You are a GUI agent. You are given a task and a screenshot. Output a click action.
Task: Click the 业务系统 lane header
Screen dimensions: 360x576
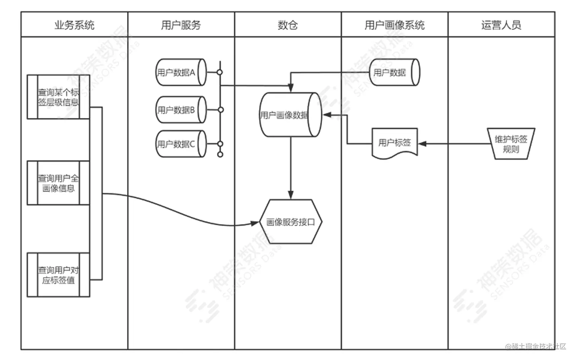point(74,25)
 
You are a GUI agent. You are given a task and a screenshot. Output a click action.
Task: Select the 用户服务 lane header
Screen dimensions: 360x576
point(181,25)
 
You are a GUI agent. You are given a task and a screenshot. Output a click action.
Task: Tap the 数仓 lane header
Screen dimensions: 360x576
point(288,25)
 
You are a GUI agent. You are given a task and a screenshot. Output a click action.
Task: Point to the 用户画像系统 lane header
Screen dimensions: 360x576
point(394,25)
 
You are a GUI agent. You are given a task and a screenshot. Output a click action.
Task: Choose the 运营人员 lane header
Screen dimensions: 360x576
point(501,25)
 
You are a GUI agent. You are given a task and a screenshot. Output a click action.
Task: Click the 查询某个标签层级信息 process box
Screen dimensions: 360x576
point(58,97)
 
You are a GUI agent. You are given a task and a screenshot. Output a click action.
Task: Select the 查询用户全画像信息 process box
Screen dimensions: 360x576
point(58,183)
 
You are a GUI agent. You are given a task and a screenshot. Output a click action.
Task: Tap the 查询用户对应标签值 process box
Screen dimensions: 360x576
point(58,275)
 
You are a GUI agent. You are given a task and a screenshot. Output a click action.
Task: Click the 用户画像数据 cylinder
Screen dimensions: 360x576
point(290,115)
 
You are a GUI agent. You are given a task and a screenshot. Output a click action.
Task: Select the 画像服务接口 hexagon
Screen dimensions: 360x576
point(291,222)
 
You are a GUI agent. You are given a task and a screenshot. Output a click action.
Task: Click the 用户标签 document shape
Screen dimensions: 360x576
point(395,143)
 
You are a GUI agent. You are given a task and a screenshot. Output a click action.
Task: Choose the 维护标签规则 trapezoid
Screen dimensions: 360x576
point(511,144)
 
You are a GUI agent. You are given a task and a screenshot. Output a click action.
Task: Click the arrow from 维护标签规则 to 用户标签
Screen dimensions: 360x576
point(453,144)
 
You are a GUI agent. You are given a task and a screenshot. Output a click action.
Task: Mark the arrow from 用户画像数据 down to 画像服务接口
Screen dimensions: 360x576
point(291,168)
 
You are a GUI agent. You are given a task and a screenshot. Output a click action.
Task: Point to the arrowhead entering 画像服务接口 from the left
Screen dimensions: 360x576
point(255,223)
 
